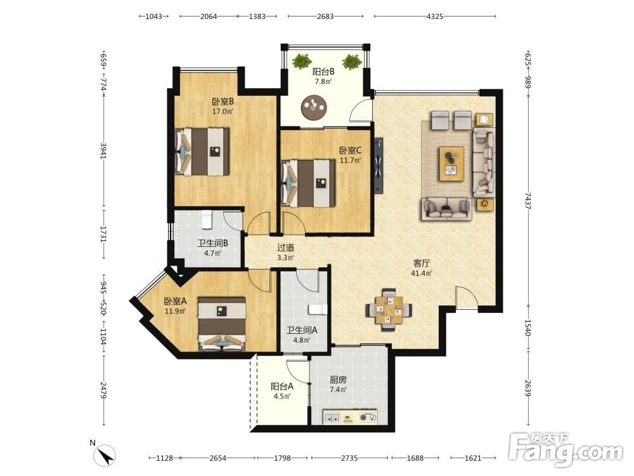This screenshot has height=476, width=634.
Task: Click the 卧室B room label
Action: tap(223, 101)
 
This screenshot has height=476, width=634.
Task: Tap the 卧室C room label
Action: tap(350, 150)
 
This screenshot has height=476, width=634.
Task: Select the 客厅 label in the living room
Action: tap(422, 263)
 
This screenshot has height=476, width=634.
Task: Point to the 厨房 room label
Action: tap(338, 380)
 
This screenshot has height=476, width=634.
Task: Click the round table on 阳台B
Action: tap(314, 107)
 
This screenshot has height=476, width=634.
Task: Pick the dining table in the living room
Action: tap(389, 310)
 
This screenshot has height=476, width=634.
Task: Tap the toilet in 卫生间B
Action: tap(207, 219)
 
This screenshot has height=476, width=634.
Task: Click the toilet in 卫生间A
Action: tap(318, 310)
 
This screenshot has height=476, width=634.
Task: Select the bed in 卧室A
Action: tap(221, 324)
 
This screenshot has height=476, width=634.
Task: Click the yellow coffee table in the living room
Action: tap(451, 164)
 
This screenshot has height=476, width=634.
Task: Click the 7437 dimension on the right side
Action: tap(527, 201)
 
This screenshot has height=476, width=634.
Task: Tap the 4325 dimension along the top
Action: tap(435, 17)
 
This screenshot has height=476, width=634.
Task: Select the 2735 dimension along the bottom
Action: tap(349, 458)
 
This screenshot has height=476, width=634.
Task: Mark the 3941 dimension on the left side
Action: tap(103, 150)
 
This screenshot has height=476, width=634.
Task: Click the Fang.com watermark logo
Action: tap(566, 449)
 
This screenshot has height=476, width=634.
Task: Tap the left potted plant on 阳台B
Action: tap(301, 62)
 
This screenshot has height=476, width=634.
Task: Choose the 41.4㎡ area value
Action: tap(422, 273)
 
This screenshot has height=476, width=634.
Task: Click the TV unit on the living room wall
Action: tap(378, 166)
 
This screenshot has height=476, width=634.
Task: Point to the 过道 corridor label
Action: tap(285, 248)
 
